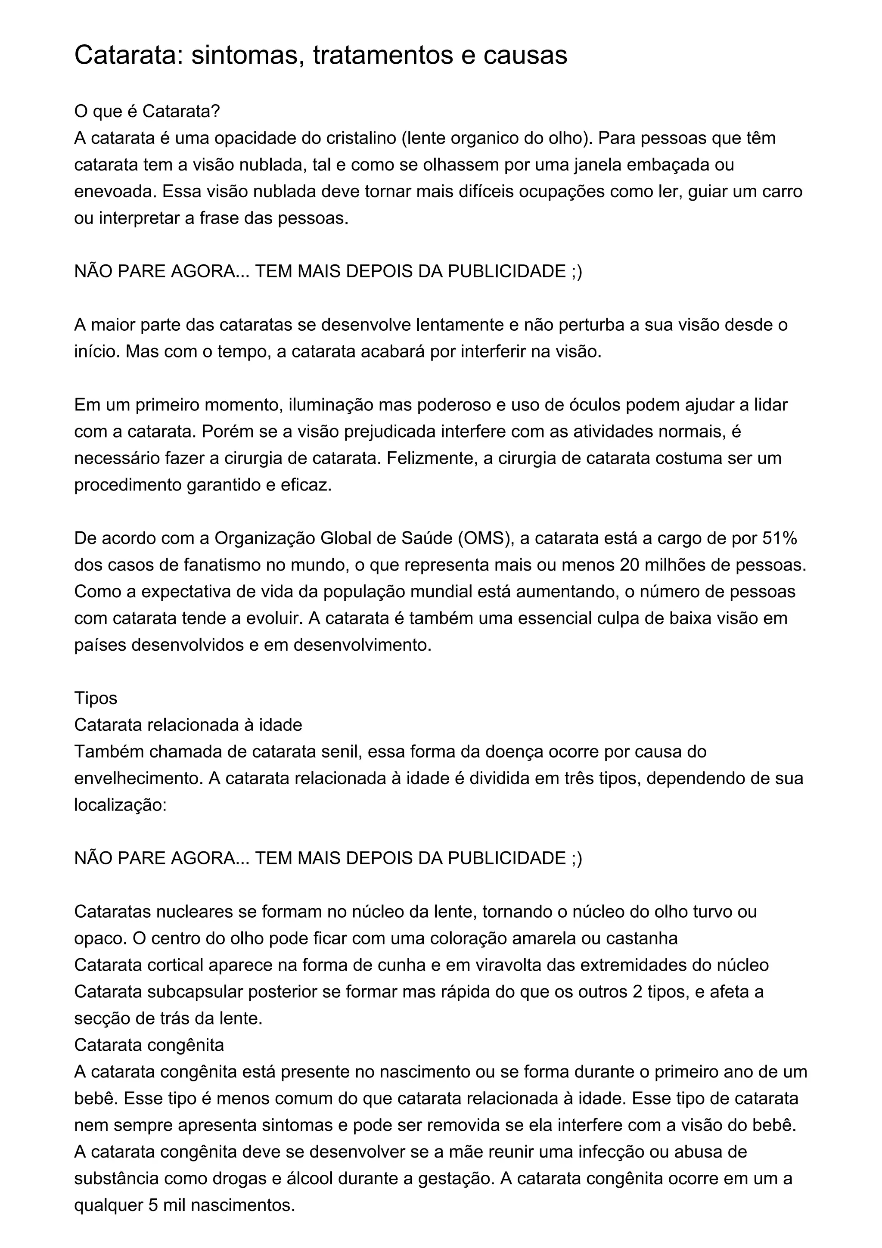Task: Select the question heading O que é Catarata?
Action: [147, 112]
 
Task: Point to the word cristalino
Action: [361, 138]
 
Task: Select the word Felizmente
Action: [432, 458]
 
